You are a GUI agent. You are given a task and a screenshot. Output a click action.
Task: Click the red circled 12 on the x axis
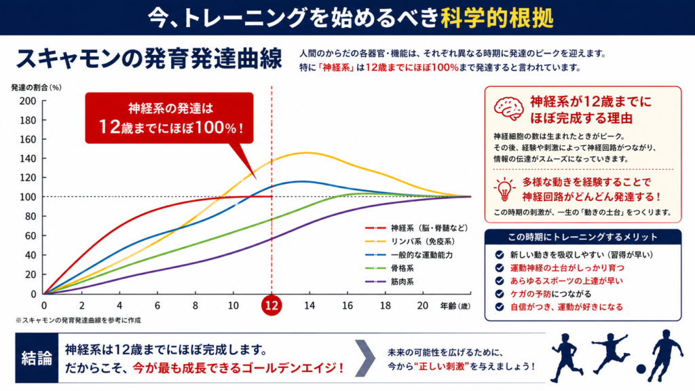(271, 306)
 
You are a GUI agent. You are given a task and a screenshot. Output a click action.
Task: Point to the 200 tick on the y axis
(28, 101)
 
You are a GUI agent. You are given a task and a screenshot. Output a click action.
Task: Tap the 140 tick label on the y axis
(28, 159)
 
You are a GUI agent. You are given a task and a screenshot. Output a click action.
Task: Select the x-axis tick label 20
(423, 306)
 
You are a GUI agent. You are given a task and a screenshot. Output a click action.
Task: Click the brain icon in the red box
(508, 108)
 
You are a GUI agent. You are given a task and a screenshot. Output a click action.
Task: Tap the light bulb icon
(505, 189)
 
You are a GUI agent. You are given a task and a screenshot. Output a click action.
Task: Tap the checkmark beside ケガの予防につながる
(499, 294)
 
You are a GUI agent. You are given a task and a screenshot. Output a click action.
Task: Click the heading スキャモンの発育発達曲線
(150, 58)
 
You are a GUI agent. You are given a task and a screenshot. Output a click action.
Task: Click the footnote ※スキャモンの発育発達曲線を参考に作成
(78, 320)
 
